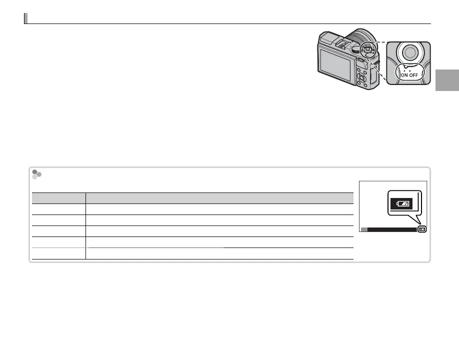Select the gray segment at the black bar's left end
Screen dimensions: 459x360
(x=364, y=229)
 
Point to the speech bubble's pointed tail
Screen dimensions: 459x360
(x=419, y=222)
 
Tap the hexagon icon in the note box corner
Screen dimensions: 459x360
(x=36, y=174)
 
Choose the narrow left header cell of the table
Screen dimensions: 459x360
(x=59, y=198)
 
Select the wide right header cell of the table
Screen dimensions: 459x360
(x=219, y=198)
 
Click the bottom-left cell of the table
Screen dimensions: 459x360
(x=59, y=253)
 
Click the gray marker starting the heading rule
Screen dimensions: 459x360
(x=25, y=18)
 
